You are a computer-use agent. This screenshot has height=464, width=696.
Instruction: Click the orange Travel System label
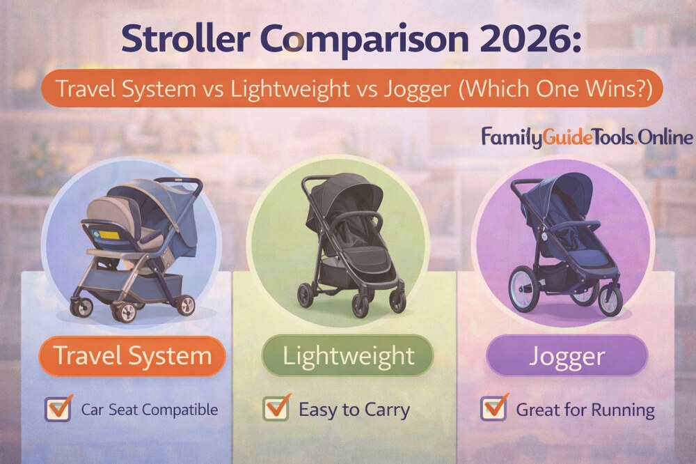(133, 356)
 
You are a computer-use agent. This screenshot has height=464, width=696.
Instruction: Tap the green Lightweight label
(348, 356)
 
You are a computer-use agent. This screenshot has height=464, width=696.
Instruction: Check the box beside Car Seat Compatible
(58, 409)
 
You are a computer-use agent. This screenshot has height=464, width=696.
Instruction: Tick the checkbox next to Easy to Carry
(276, 409)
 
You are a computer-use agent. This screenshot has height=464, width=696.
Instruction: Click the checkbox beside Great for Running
(493, 409)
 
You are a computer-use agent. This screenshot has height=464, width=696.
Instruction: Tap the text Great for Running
(585, 410)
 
